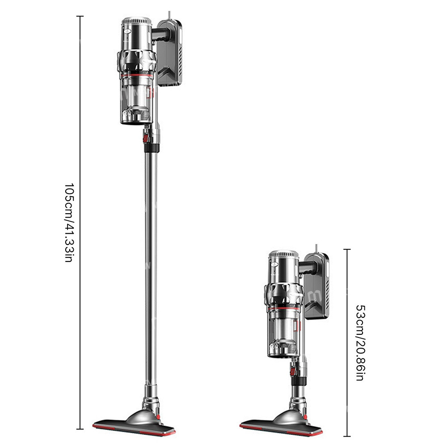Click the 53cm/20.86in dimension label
pos(361,343)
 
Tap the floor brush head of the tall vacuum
pos(134,423)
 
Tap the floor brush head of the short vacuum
pos(281,423)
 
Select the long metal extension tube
pos(151,268)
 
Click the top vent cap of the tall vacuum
pos(136,21)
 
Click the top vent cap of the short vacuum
pos(284,254)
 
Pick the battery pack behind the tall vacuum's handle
pos(170,53)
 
